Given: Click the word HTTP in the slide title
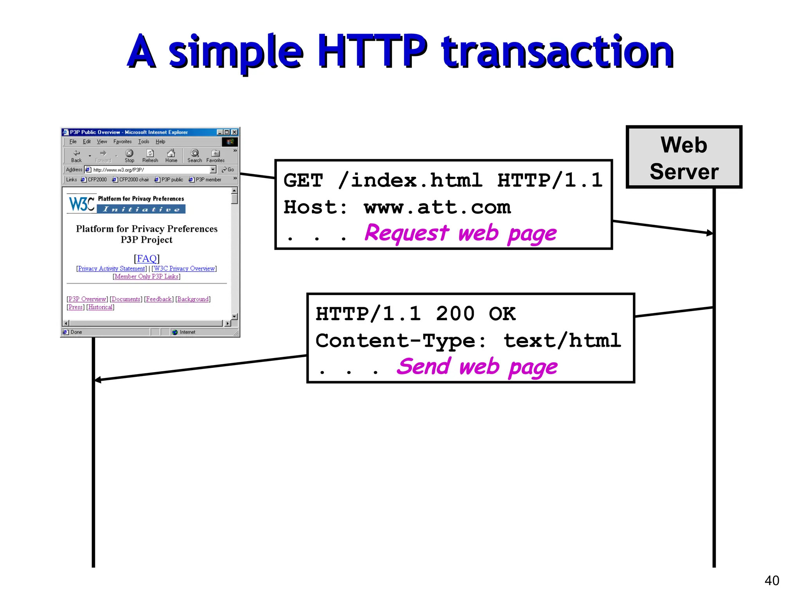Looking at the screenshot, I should pos(372,52).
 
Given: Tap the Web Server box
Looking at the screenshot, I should pos(684,157).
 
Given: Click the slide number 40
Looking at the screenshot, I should pos(772,580).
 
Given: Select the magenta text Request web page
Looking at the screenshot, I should pos(460,233).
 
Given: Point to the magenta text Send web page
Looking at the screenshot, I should pos(477,367).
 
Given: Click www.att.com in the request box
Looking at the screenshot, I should pos(437,207).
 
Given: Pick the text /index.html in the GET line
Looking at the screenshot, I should pos(410,180).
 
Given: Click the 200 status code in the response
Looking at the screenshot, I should pos(455,314).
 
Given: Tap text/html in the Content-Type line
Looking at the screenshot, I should pos(562,340).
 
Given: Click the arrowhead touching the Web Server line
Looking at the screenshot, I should pos(709,233).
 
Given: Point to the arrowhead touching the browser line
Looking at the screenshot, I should pos(98,380).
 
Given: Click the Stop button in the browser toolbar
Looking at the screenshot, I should pos(129,155).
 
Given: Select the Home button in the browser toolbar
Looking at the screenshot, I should pos(171,155).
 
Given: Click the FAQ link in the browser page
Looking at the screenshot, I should pos(147,258).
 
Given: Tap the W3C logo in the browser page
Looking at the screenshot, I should pos(81,204).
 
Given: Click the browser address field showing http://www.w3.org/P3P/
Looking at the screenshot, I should pos(151,170).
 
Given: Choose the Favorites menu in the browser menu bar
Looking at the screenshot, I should pos(122,142).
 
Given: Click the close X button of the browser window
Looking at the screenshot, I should pos(234,132).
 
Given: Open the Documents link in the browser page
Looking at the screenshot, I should pos(126,299).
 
